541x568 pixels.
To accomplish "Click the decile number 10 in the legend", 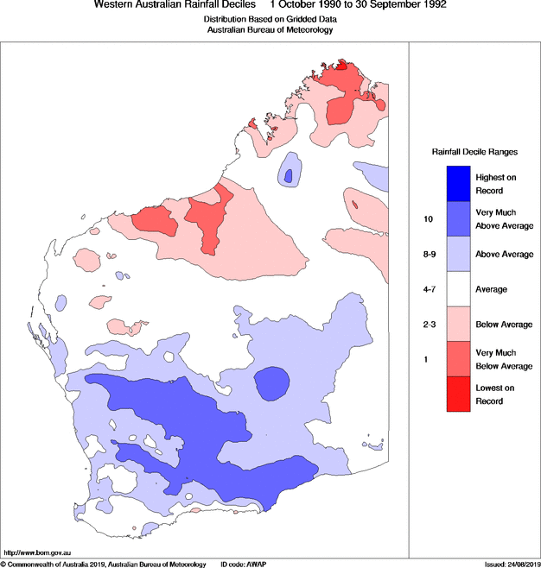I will [x=428, y=219].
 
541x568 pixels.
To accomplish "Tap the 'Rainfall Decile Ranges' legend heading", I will [x=474, y=151].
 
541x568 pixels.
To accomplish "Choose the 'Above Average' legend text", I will [x=503, y=255].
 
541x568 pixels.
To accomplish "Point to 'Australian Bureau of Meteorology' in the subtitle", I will [x=270, y=29].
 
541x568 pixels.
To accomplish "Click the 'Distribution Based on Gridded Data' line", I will [x=270, y=18].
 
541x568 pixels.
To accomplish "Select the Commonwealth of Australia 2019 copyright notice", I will [x=104, y=564].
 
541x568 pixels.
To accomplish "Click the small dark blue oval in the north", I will [x=288, y=176].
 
